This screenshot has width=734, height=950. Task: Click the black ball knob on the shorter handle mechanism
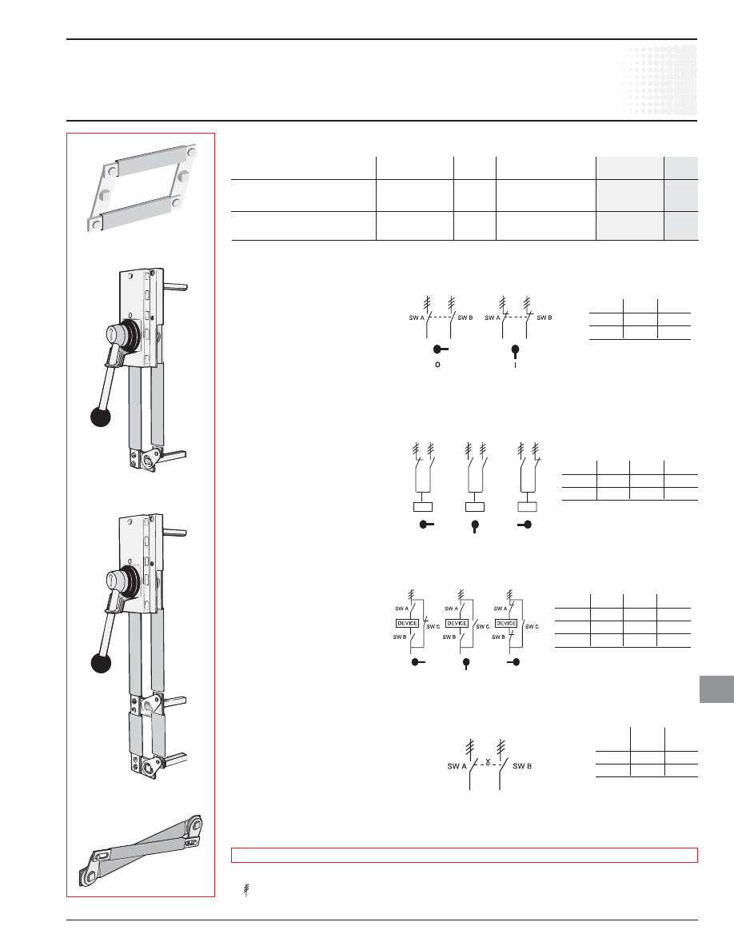101,417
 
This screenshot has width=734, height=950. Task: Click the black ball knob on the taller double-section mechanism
101,663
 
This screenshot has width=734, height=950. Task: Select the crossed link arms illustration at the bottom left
141,850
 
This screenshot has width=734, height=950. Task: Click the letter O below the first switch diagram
438,365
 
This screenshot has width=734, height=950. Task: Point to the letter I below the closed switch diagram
516,365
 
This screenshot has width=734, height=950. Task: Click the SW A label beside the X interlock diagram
457,766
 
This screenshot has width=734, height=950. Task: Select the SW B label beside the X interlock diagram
522,766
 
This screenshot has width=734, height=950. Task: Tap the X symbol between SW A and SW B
488,761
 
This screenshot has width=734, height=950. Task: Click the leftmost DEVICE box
408,623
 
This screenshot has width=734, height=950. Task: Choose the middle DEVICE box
457,623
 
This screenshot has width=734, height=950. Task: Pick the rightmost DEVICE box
505,623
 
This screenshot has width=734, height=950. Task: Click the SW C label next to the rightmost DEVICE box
532,626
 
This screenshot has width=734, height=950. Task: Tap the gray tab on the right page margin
716,689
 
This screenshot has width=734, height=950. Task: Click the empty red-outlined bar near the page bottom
465,855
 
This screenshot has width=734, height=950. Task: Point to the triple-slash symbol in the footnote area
246,890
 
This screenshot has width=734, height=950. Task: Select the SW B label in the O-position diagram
465,317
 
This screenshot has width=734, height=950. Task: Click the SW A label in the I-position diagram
493,317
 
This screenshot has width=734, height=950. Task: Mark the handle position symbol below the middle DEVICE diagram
465,664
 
